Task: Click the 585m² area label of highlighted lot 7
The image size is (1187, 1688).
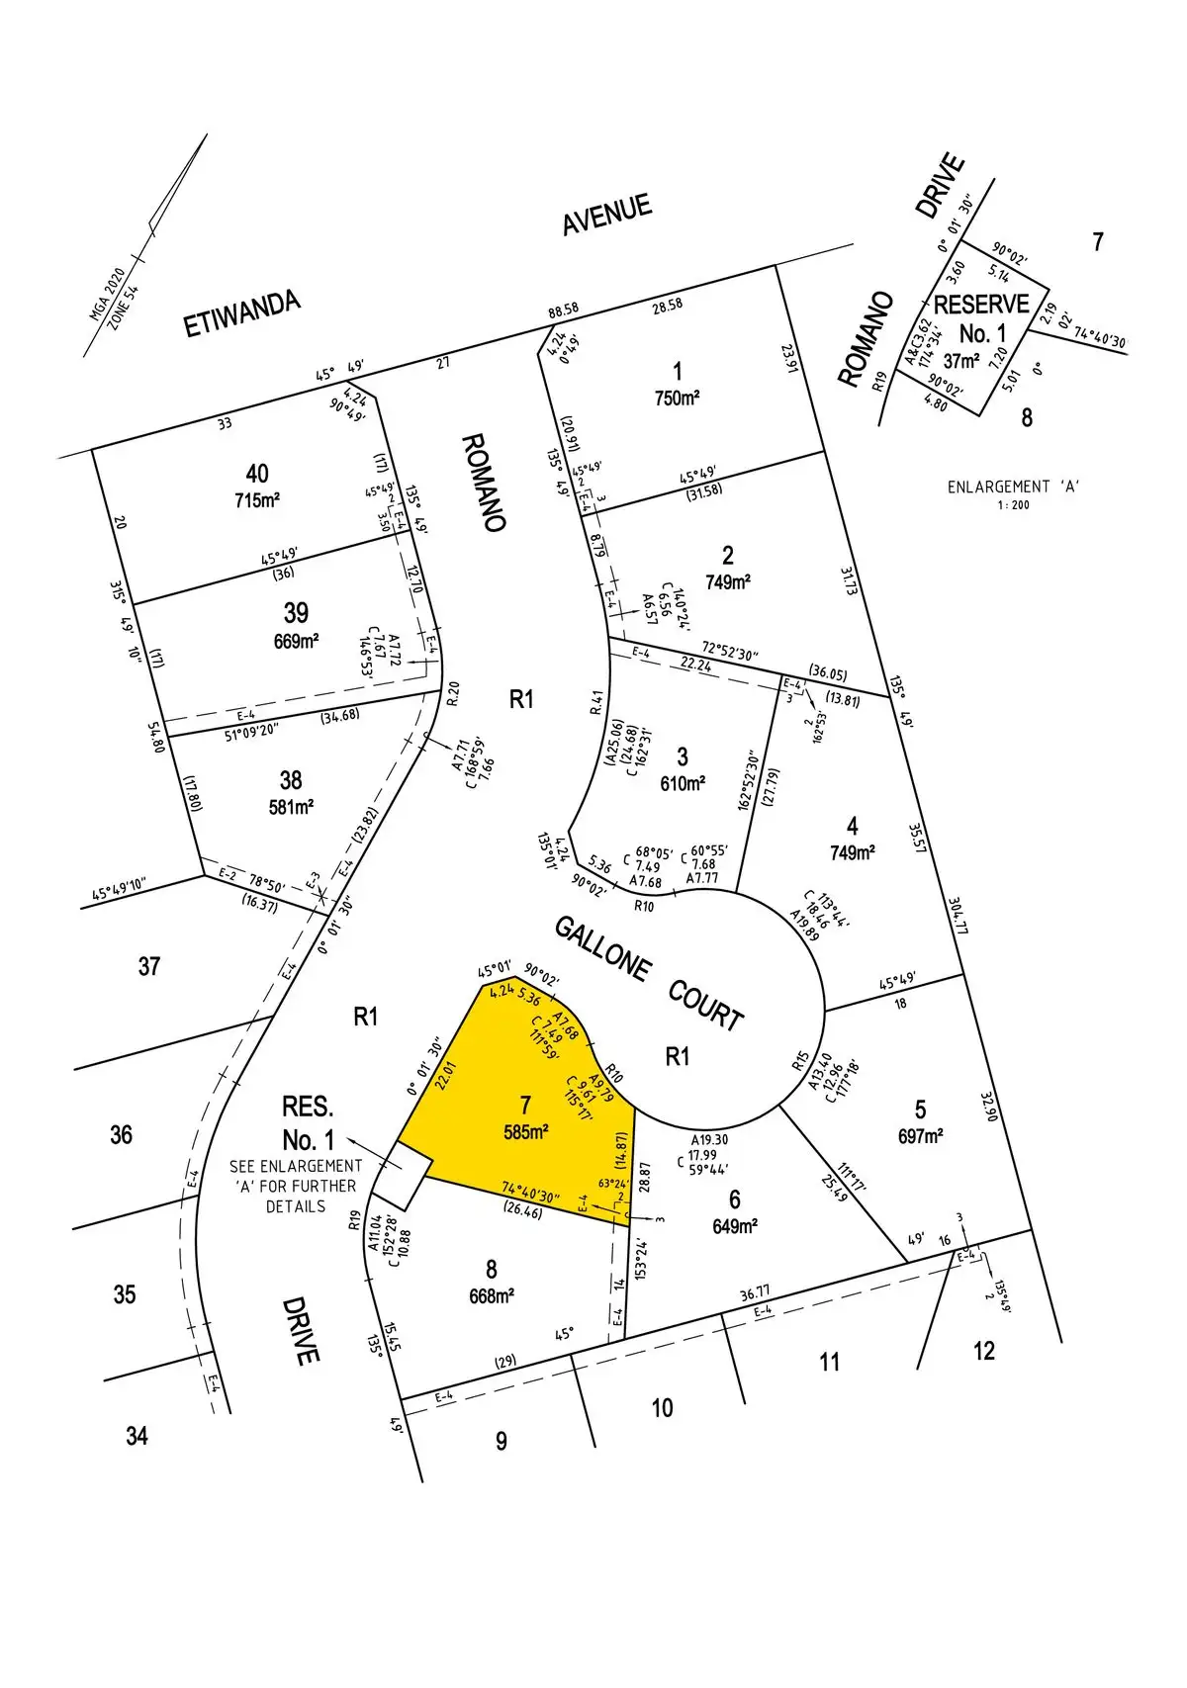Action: [526, 1132]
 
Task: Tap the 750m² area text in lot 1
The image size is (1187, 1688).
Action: [677, 399]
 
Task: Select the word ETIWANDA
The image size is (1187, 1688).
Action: [242, 314]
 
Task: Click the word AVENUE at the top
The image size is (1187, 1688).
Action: [607, 215]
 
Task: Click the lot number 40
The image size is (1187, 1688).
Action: [256, 474]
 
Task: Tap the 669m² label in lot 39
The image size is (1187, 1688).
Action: [296, 641]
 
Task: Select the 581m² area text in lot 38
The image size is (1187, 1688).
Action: [291, 807]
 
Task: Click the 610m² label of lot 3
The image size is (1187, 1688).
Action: [683, 783]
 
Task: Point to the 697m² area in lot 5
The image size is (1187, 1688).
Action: [920, 1136]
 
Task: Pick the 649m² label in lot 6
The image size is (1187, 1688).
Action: [734, 1226]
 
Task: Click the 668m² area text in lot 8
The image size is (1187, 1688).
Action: [491, 1295]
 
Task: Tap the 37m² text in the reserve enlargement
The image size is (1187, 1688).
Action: [960, 362]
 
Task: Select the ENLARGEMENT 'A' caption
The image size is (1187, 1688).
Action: [1013, 487]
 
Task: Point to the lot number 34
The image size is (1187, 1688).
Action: [137, 1435]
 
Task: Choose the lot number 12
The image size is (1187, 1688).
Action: [983, 1351]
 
